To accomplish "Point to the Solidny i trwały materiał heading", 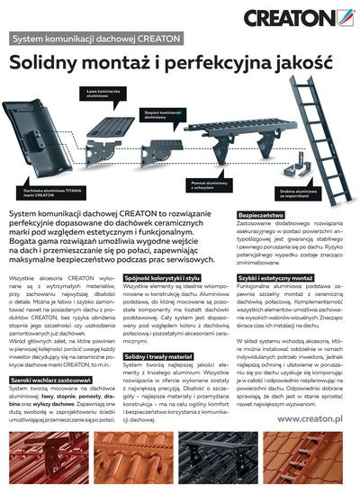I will [159, 357].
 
